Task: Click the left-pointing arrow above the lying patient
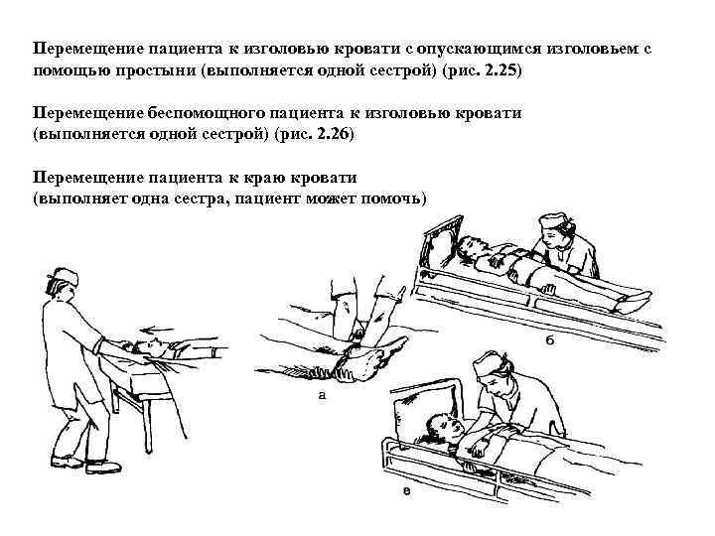tap(160, 334)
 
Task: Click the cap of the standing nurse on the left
tap(65, 274)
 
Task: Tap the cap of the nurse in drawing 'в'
tap(486, 363)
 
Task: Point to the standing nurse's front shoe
tap(104, 466)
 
